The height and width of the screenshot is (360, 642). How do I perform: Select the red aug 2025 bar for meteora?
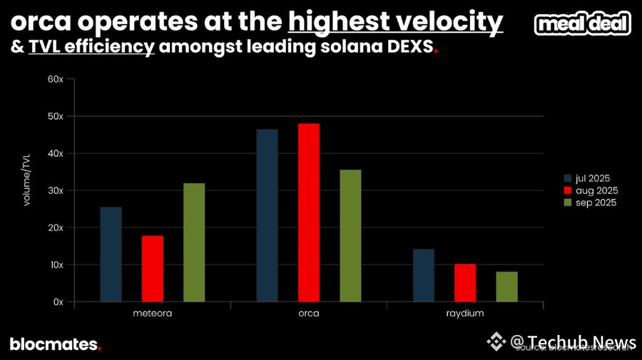[152, 268]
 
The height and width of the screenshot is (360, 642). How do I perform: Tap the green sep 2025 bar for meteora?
[194, 242]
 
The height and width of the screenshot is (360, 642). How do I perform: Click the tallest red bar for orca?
[309, 212]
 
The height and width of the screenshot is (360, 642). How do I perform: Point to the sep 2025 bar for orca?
[350, 235]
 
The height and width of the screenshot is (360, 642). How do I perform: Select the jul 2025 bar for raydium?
[423, 275]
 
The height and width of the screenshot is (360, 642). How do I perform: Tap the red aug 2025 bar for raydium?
[465, 282]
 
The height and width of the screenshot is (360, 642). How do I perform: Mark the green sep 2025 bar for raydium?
[507, 287]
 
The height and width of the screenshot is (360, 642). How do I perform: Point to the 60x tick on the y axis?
[56, 79]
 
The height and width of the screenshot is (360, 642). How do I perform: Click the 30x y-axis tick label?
[56, 190]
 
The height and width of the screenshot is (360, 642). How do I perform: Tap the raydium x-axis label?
[464, 313]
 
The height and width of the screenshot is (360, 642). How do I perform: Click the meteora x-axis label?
[153, 313]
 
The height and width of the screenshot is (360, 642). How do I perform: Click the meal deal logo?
[583, 25]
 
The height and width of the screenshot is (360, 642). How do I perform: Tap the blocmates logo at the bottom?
[55, 344]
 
